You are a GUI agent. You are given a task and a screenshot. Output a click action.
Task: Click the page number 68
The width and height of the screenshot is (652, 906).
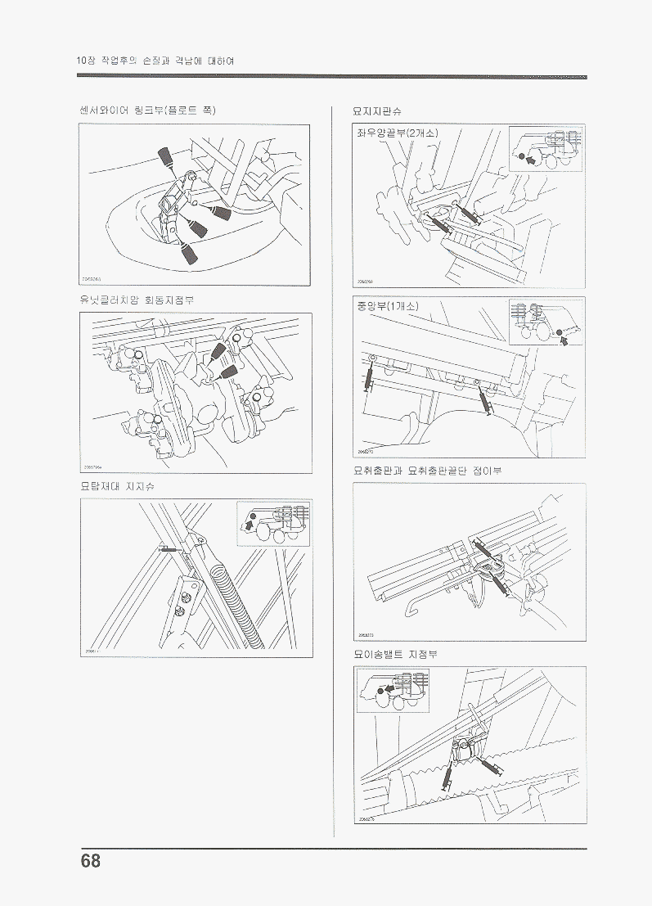[91, 861]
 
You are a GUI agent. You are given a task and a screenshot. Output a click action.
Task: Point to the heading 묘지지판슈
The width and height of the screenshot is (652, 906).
[377, 110]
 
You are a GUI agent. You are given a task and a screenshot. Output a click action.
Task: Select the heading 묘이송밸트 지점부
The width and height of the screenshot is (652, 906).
[396, 654]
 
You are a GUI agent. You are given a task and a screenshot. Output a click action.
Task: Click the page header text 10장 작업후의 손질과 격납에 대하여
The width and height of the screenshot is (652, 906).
[155, 61]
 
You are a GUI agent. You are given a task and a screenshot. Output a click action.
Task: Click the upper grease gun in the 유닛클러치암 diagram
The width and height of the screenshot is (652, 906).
[218, 351]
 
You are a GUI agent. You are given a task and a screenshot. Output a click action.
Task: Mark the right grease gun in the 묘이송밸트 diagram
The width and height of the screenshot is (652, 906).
[494, 768]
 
